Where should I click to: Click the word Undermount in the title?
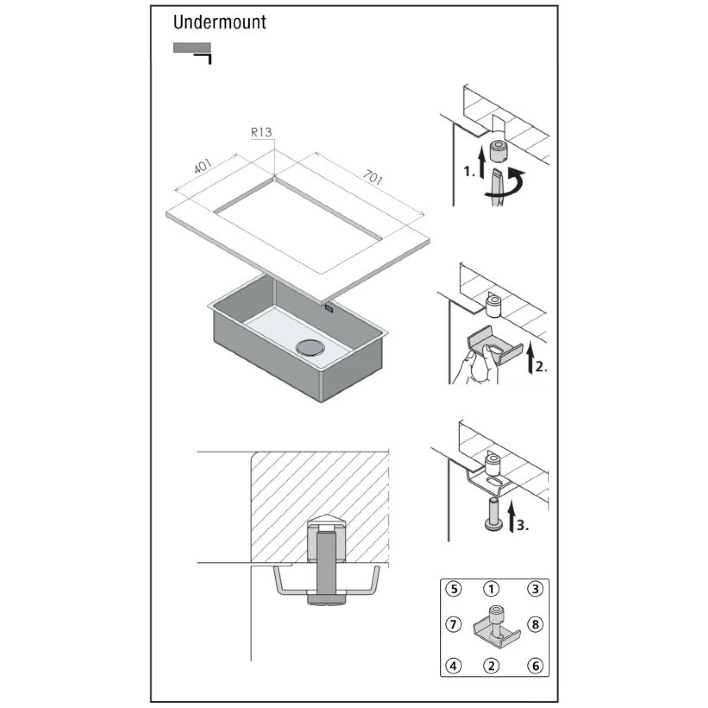(x=219, y=22)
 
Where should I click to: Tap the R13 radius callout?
(x=261, y=132)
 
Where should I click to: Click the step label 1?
(x=469, y=171)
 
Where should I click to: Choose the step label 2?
(x=541, y=366)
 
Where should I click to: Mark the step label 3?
(x=523, y=525)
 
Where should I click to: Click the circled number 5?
(x=453, y=589)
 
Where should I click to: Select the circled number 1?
(x=491, y=589)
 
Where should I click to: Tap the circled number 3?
(x=535, y=589)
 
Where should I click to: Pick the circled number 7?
(x=453, y=624)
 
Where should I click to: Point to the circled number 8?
(x=535, y=624)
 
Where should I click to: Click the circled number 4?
(x=453, y=666)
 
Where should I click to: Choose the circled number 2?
(x=491, y=666)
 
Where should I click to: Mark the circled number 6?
(x=535, y=666)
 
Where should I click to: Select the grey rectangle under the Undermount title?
(x=192, y=48)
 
